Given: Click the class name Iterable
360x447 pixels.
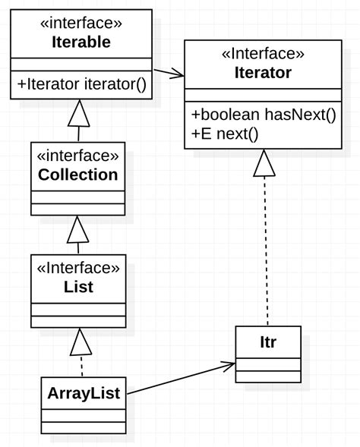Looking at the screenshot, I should click(81, 42).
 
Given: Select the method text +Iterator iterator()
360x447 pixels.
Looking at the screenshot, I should click(81, 83).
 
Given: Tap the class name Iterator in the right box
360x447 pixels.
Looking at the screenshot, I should click(262, 73).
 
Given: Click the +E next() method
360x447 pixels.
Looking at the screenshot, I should click(226, 134).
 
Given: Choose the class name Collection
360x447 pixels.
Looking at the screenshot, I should click(78, 175).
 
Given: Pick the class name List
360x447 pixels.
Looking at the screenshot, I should click(78, 286).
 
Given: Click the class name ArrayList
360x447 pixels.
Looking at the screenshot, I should click(82, 393).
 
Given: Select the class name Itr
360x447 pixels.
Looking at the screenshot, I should click(267, 342).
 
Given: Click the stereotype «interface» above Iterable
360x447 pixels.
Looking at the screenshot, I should click(81, 24).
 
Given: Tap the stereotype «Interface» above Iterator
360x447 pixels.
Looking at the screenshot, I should click(262, 54).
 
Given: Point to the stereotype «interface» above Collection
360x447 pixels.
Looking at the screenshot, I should click(78, 156).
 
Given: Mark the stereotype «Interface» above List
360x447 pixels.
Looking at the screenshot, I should click(78, 268).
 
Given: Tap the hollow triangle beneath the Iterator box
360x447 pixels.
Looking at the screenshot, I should click(264, 162).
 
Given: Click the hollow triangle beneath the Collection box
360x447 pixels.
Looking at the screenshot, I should click(78, 228).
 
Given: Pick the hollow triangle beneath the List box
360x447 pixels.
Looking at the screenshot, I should click(81, 342).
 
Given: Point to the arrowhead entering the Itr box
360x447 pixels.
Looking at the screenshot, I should click(229, 366).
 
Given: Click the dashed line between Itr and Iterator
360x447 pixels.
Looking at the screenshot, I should click(266, 250).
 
